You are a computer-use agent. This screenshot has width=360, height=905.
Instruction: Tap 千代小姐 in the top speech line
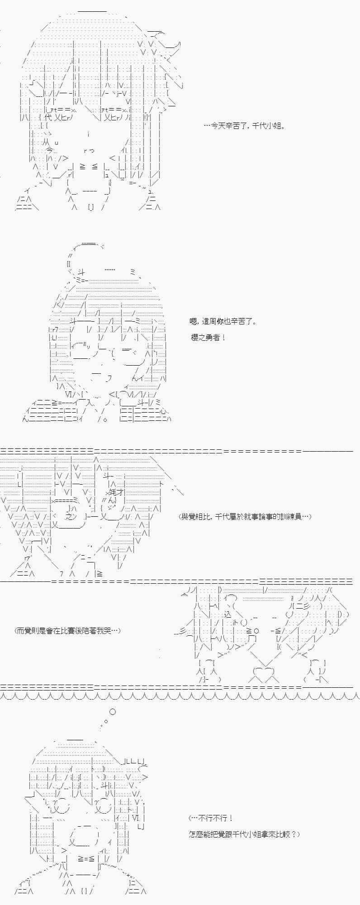266,126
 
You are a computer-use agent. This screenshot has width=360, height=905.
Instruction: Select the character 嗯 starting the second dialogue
194,322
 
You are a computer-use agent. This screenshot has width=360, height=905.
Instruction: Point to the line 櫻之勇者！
208,338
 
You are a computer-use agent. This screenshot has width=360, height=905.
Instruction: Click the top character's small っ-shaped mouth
89,151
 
